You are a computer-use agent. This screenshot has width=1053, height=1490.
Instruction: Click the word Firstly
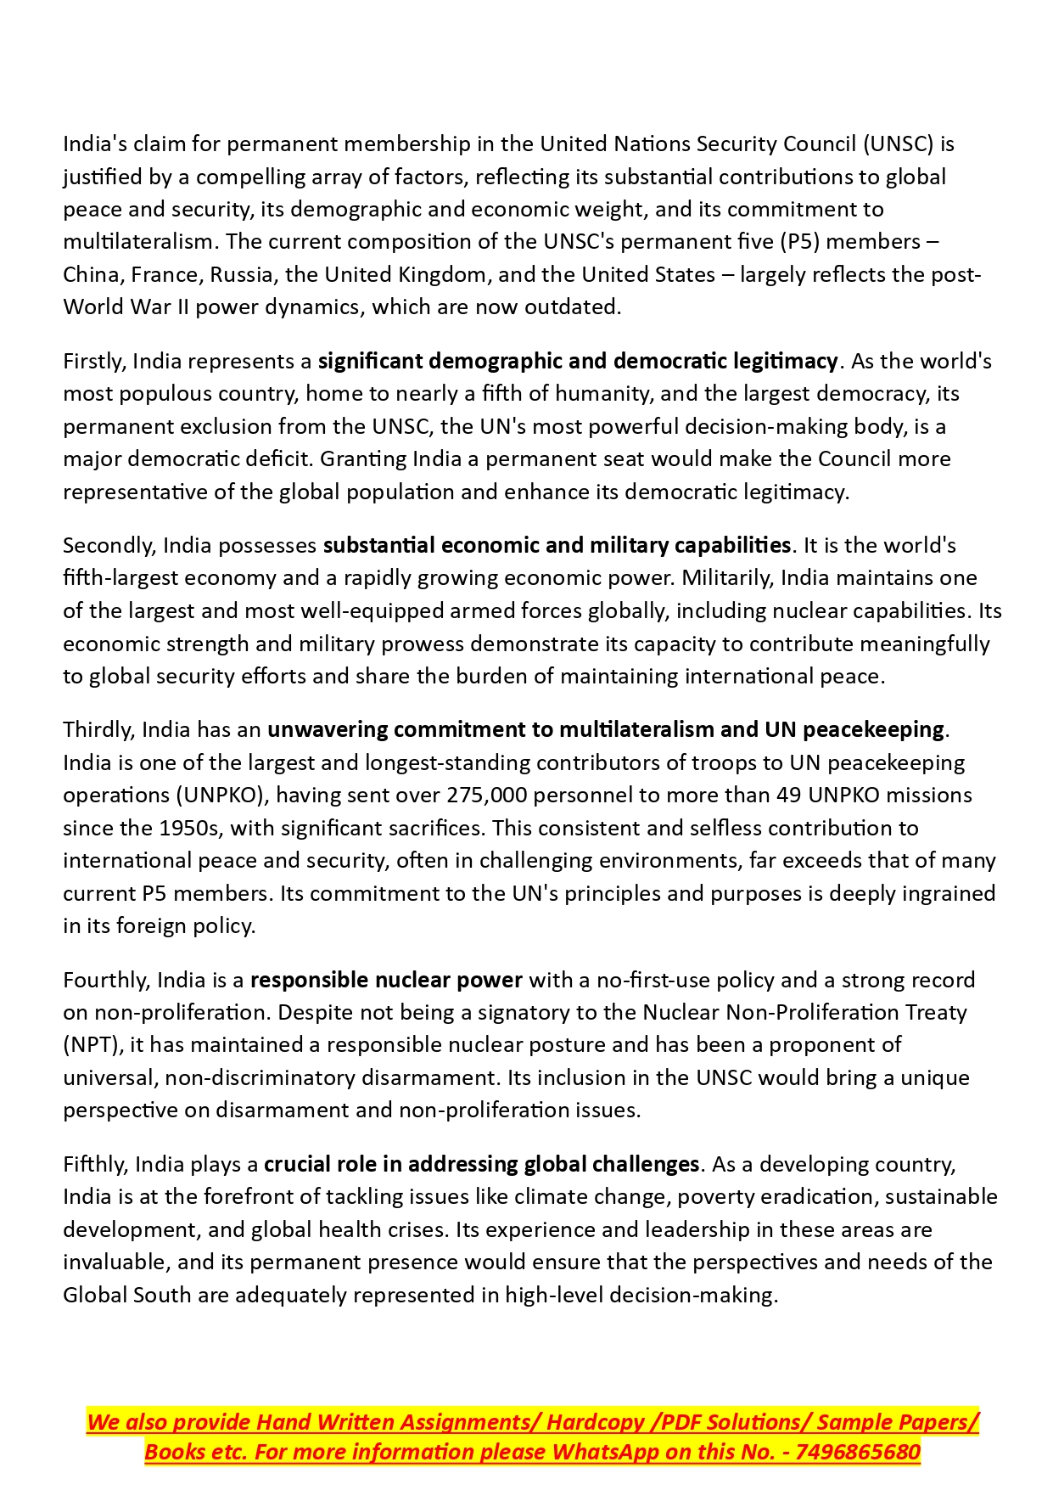coord(94,362)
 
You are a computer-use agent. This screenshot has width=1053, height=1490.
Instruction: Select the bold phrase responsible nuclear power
coord(386,981)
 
